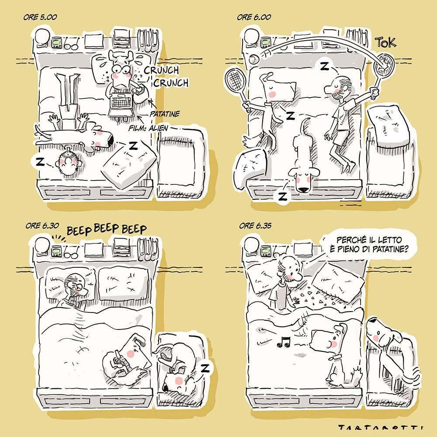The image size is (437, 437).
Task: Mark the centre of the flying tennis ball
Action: pos(254,59)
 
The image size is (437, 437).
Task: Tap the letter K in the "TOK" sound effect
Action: pos(392,42)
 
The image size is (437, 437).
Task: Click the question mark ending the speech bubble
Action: pos(406,249)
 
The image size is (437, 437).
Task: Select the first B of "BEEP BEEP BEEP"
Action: pos(70,231)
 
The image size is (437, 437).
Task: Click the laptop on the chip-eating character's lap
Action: pos(121,104)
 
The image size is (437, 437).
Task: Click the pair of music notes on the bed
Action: pos(284,342)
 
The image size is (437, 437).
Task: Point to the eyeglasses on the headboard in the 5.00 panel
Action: pos(71,44)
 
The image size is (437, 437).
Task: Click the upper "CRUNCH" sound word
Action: pos(161,70)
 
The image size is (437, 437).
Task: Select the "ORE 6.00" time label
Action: pos(254,17)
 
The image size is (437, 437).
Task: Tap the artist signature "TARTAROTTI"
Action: pos(381,427)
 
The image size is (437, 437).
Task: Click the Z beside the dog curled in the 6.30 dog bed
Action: pos(205,368)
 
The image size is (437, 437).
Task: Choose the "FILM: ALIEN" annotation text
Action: pos(148,128)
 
